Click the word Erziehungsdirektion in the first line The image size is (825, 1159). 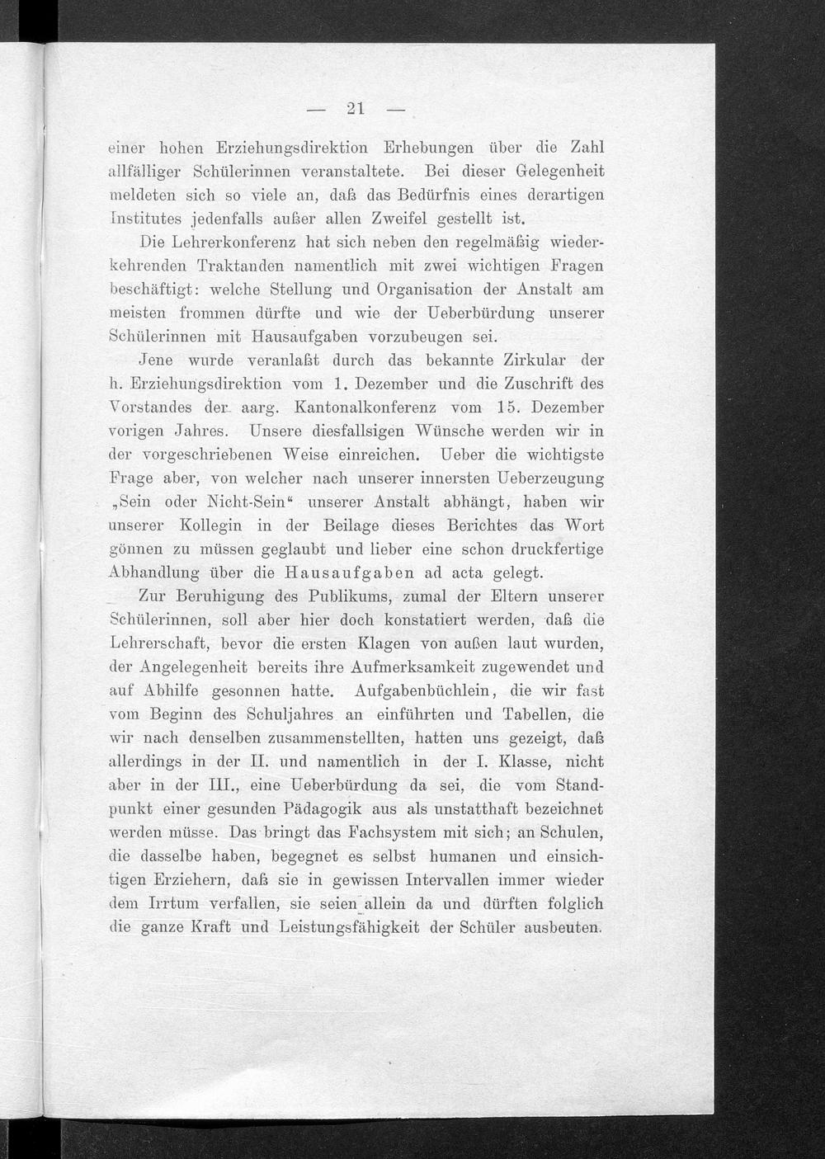(280, 148)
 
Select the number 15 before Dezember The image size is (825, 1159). (510, 408)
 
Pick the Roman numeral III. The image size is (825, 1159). (224, 784)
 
